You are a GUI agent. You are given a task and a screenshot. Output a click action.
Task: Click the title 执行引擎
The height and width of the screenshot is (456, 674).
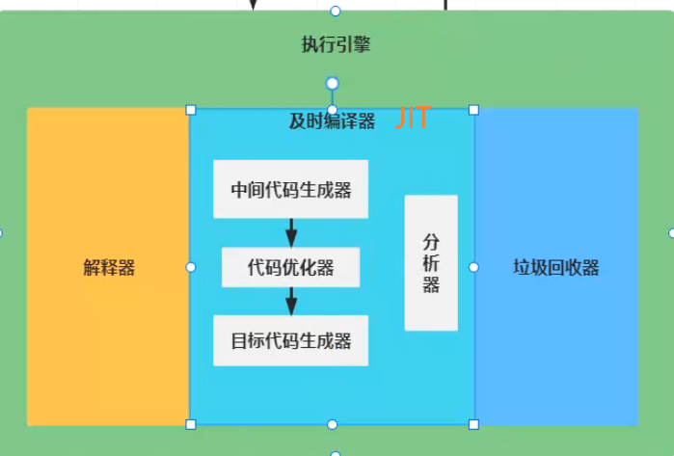[x=336, y=43]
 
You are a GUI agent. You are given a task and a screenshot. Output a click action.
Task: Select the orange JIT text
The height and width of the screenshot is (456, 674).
[x=412, y=120]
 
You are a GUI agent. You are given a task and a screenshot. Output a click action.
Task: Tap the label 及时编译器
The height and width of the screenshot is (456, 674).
[x=332, y=121]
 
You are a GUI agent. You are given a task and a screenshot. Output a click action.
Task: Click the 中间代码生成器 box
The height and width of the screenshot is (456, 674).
[x=290, y=188]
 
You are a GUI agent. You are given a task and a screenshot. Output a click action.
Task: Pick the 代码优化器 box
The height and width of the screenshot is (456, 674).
[x=290, y=267]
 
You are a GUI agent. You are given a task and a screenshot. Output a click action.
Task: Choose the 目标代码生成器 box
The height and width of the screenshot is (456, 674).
[x=290, y=340]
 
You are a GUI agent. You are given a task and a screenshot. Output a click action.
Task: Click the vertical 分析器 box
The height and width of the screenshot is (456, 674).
[x=431, y=262]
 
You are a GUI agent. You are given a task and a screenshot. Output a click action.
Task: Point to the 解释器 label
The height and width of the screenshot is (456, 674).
[x=109, y=267]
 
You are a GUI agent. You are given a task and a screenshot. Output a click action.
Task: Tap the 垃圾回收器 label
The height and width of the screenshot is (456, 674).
[x=556, y=267]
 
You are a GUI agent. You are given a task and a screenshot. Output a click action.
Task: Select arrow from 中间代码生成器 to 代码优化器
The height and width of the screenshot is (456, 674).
[x=290, y=232]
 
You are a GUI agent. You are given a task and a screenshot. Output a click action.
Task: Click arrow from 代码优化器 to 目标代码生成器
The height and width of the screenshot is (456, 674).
[x=290, y=301]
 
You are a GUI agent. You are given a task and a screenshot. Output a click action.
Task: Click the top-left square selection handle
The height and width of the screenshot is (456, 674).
[x=190, y=110]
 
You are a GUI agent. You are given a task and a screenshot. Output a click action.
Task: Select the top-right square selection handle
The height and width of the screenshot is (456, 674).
[x=473, y=110]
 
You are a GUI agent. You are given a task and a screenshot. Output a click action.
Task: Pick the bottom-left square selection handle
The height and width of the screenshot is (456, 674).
[x=190, y=424]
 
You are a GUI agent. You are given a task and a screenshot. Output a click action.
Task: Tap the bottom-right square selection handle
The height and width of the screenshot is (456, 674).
[x=473, y=424]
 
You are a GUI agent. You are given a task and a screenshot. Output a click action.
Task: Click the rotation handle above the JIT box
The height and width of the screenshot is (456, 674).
[x=332, y=83]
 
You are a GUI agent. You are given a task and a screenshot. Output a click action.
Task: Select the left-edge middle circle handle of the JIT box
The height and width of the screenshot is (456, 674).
[x=190, y=267]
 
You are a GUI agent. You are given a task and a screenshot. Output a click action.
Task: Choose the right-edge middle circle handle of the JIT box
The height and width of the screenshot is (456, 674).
[x=473, y=267]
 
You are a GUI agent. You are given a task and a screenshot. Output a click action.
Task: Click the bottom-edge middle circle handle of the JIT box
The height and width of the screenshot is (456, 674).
[x=332, y=424]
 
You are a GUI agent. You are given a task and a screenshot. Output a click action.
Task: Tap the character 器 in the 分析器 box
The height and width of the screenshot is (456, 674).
[x=431, y=285]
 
